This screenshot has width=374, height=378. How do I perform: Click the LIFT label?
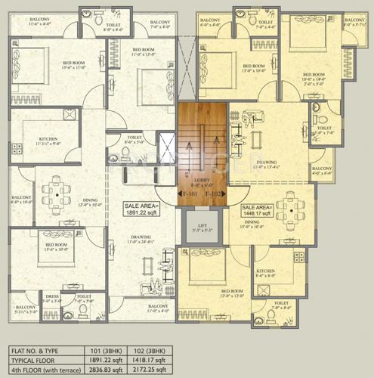click(x=202, y=225)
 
